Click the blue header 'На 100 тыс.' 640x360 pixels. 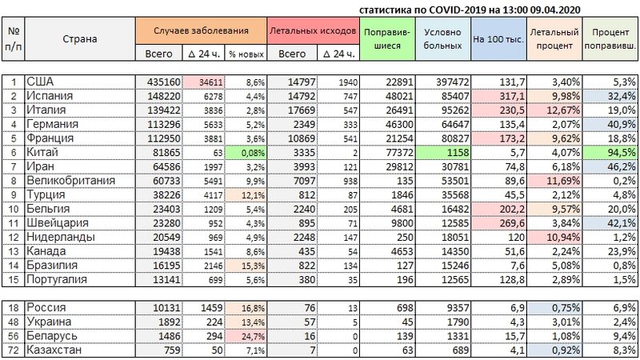click(x=495, y=38)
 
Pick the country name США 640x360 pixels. click(x=39, y=82)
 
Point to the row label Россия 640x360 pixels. click(x=47, y=307)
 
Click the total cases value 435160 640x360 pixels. click(x=162, y=82)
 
